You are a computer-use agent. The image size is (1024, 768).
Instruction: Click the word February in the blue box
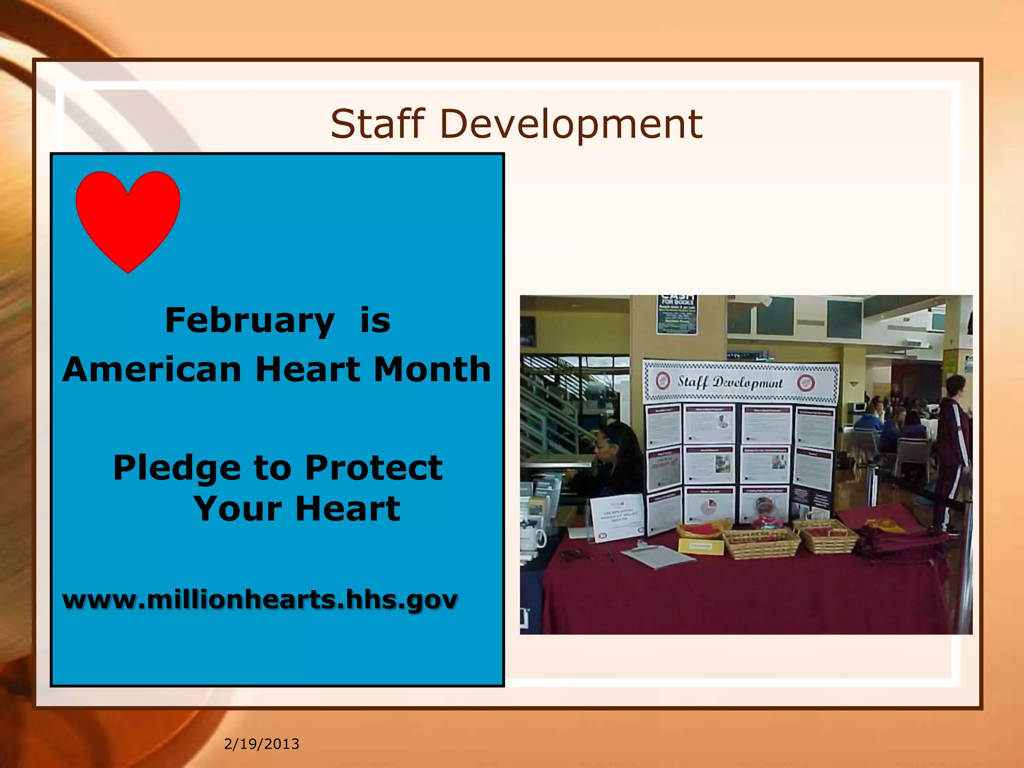(x=249, y=320)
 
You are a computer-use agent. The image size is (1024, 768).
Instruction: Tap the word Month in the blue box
(x=432, y=369)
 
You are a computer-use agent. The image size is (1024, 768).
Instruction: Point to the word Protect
(x=373, y=468)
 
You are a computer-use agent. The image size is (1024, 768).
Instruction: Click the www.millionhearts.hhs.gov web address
(x=259, y=599)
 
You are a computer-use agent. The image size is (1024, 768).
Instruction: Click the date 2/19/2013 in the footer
(x=261, y=744)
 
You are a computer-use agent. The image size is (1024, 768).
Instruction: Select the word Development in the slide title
(x=570, y=124)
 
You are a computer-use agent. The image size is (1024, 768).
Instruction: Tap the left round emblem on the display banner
(x=663, y=381)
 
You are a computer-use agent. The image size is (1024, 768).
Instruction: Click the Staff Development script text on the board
(x=730, y=382)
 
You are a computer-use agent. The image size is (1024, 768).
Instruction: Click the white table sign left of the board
(x=617, y=517)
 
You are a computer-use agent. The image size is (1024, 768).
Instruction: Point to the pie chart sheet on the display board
(x=709, y=507)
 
